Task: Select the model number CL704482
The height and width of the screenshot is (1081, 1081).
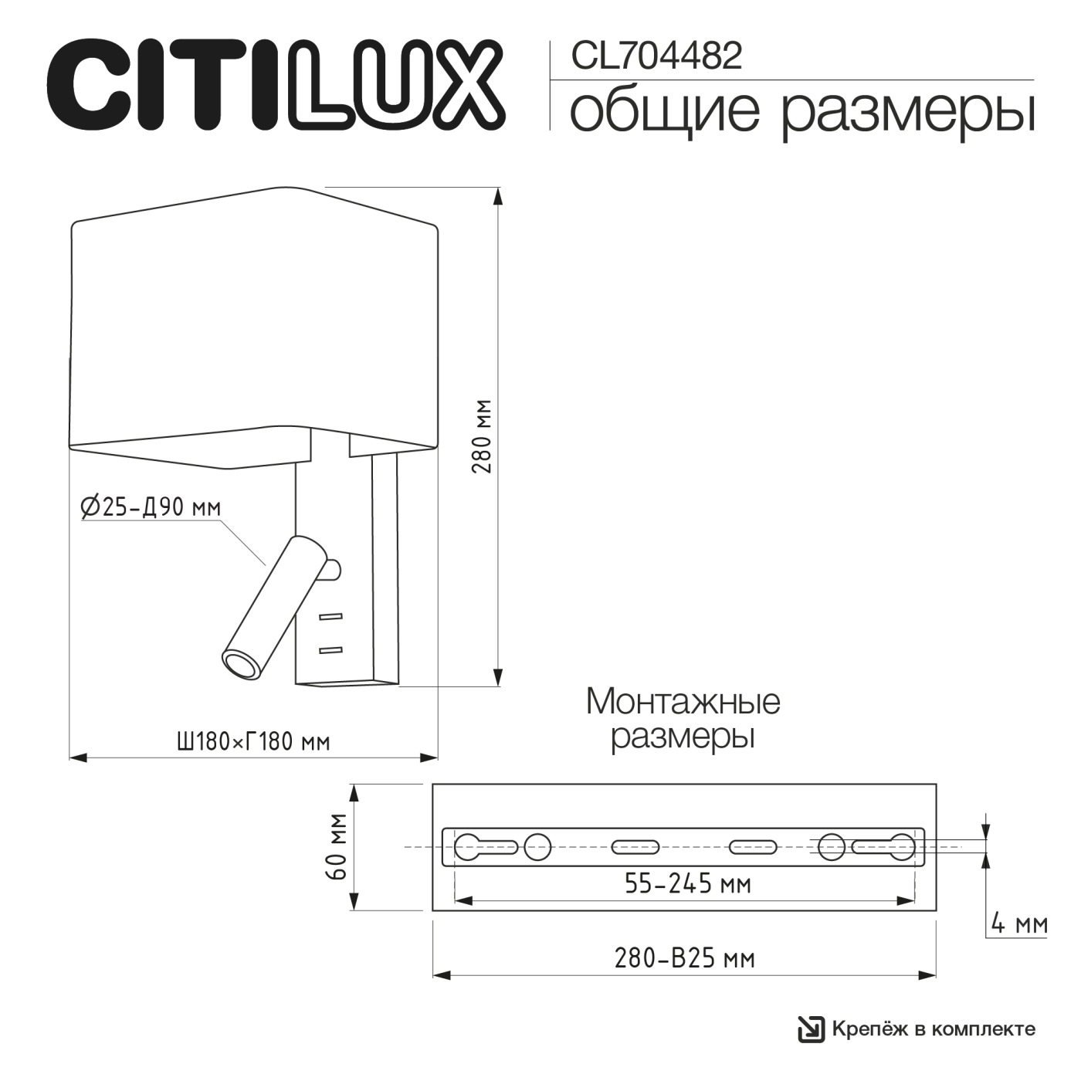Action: click(x=656, y=56)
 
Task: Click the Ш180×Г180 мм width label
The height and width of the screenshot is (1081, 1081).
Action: click(x=253, y=742)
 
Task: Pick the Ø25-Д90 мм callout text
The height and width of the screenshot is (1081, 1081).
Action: click(x=151, y=507)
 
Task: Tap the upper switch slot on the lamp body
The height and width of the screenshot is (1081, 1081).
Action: click(x=330, y=616)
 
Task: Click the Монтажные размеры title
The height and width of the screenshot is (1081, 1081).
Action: click(x=683, y=719)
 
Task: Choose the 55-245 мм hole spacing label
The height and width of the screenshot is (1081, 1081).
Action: click(x=687, y=883)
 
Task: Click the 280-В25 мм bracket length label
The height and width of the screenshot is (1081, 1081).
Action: click(x=684, y=958)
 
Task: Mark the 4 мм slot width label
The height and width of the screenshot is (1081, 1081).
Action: click(x=1018, y=923)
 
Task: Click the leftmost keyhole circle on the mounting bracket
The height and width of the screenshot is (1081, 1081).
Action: click(x=469, y=847)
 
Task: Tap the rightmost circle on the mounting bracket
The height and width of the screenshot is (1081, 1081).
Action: click(x=901, y=847)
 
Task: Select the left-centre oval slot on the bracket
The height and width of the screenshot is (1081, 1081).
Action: click(x=635, y=847)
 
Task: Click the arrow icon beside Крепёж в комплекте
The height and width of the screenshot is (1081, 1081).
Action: click(x=811, y=1029)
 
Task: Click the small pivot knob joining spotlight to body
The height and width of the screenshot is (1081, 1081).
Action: click(x=333, y=570)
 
